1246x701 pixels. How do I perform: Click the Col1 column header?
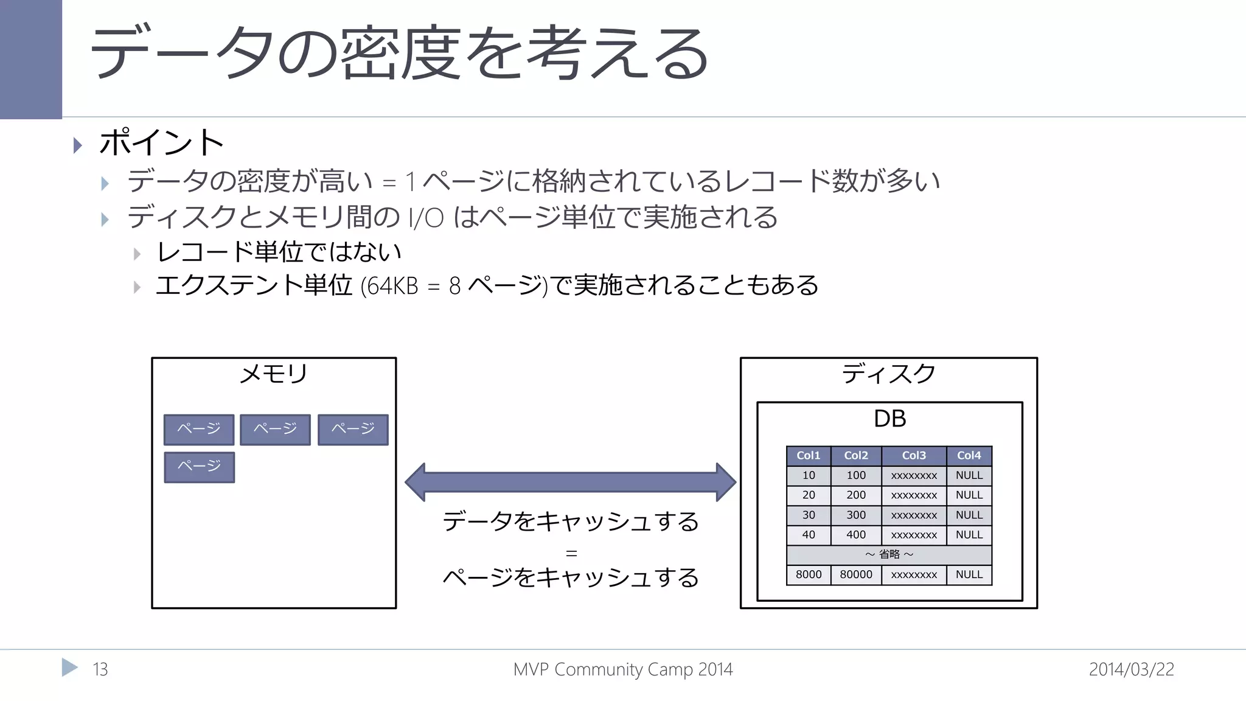[808, 456]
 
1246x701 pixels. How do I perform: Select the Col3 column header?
[913, 456]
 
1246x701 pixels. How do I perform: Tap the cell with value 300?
[855, 515]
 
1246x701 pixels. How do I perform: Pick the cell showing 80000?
[855, 574]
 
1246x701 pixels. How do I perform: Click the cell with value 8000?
[808, 574]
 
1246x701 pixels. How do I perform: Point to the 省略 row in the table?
[889, 554]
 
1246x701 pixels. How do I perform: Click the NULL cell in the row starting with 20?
[969, 495]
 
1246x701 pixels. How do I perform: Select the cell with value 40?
[808, 535]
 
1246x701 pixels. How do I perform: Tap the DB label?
[889, 419]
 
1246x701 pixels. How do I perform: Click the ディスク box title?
[888, 374]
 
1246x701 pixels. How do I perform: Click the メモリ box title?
[274, 374]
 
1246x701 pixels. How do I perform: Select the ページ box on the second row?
[199, 467]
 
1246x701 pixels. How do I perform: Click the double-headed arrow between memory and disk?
[570, 482]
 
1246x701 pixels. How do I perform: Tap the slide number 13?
[100, 669]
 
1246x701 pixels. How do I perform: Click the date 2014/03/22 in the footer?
[1131, 669]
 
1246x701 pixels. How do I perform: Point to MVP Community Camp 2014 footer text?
[622, 669]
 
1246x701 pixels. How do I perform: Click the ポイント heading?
[161, 143]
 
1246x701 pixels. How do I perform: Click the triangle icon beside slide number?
[69, 668]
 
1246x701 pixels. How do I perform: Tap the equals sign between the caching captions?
[571, 554]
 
